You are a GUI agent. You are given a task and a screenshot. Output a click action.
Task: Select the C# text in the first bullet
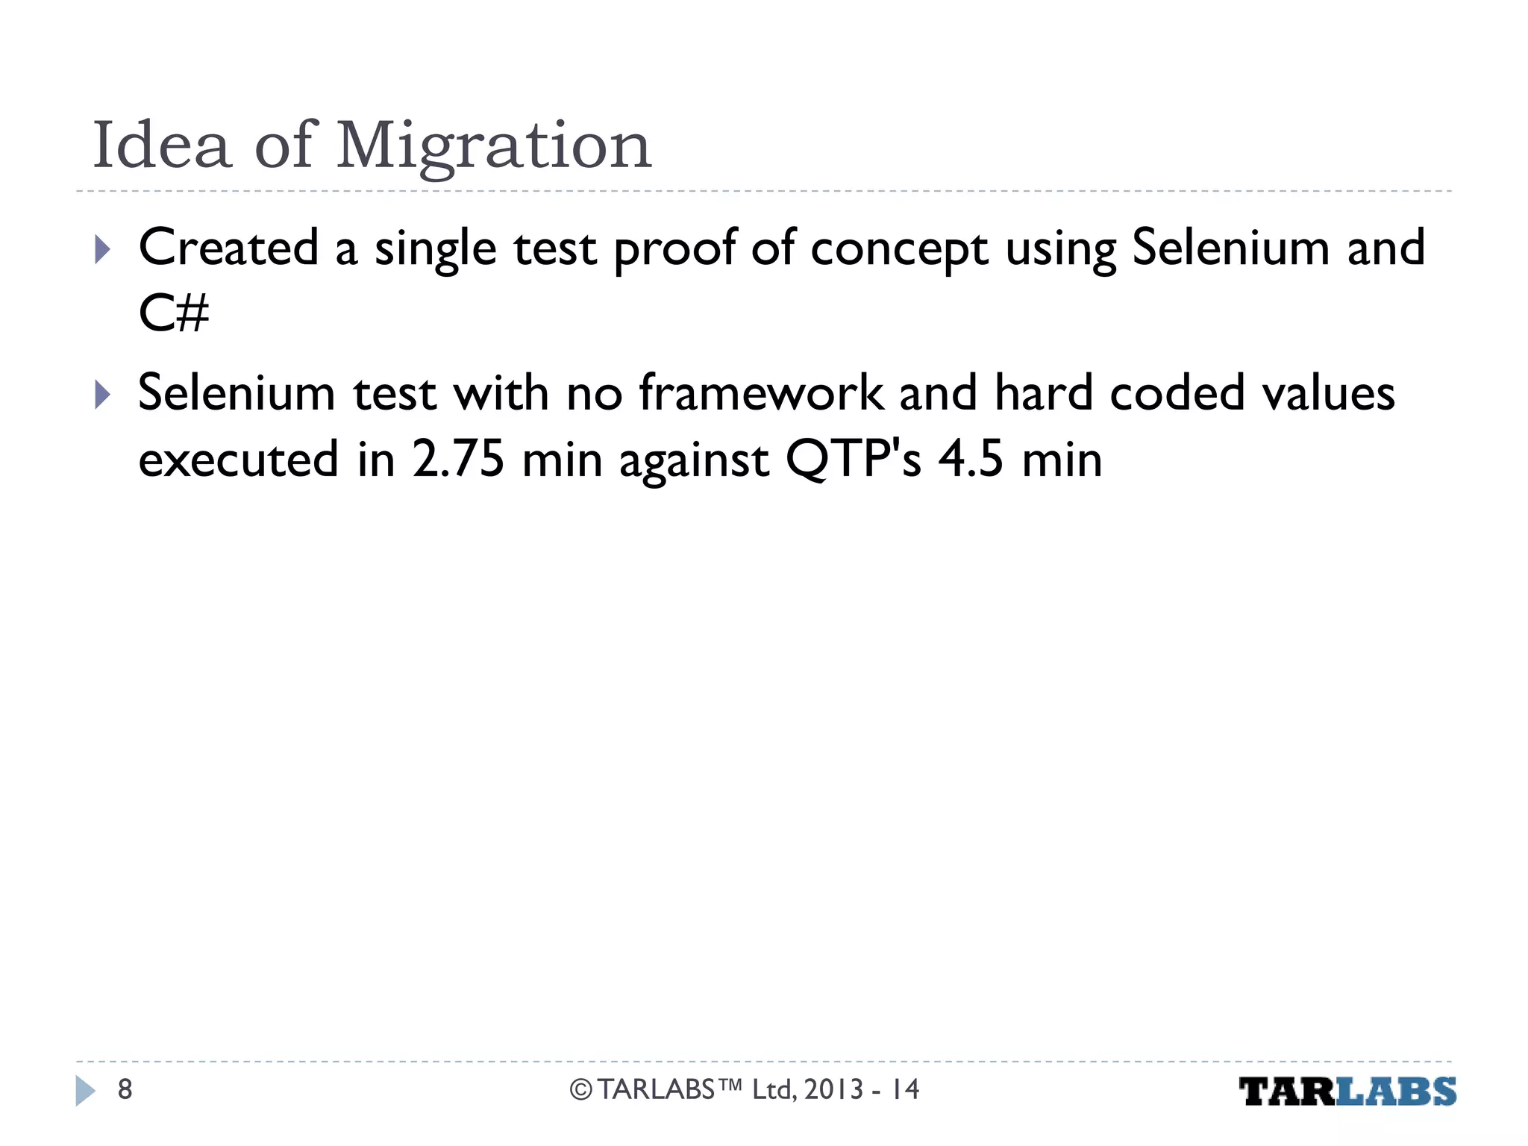pyautogui.click(x=174, y=313)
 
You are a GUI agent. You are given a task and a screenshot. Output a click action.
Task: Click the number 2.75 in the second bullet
pyautogui.click(x=458, y=459)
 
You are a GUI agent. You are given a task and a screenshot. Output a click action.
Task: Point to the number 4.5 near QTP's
pyautogui.click(x=971, y=459)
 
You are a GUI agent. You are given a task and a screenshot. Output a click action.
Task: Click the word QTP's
pyautogui.click(x=854, y=459)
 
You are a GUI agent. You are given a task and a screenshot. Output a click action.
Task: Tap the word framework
pyautogui.click(x=760, y=393)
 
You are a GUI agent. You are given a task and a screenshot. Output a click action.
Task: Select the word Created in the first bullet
pyautogui.click(x=228, y=248)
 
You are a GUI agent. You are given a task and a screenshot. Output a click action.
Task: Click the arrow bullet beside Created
pyautogui.click(x=103, y=250)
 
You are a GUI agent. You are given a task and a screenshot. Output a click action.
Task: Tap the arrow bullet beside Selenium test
pyautogui.click(x=103, y=395)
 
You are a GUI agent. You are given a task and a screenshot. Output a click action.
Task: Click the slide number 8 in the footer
pyautogui.click(x=125, y=1089)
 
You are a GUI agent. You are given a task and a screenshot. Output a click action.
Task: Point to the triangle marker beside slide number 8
pyautogui.click(x=85, y=1091)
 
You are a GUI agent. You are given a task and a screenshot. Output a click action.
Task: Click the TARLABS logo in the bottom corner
pyautogui.click(x=1347, y=1092)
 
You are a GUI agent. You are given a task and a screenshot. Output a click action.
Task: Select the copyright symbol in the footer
pyautogui.click(x=580, y=1090)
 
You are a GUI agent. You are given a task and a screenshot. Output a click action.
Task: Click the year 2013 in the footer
pyautogui.click(x=833, y=1089)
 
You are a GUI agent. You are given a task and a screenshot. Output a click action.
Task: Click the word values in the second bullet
pyautogui.click(x=1328, y=393)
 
